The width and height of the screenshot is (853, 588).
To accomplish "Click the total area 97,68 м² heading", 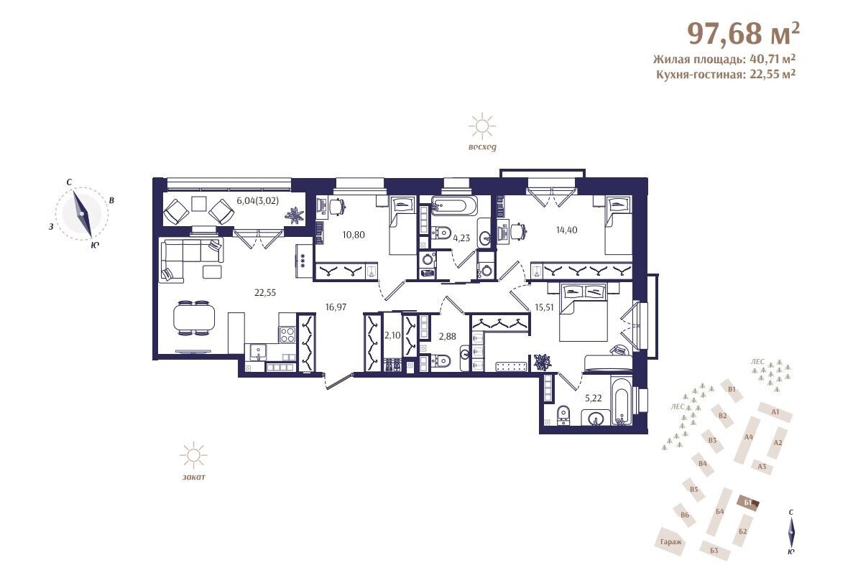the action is click(x=744, y=34).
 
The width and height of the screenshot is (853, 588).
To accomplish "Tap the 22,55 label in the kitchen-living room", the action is click(x=265, y=292).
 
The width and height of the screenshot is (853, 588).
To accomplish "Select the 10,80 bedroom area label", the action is click(x=354, y=235).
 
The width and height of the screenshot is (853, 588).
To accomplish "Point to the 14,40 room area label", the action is click(x=566, y=230).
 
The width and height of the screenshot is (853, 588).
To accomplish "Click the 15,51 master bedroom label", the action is click(x=544, y=307).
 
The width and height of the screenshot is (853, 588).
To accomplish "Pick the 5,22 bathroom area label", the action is click(x=593, y=398).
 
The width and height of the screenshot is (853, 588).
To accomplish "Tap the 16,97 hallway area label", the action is click(x=336, y=307).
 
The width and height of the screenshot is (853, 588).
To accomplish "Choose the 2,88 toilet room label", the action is click(x=447, y=337).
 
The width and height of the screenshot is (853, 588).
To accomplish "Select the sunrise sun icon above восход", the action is click(x=482, y=126).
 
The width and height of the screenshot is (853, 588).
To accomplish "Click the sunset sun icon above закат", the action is click(x=193, y=455).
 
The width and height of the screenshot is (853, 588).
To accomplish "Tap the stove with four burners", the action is click(x=287, y=335).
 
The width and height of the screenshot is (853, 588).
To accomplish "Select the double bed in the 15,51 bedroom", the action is click(x=583, y=312).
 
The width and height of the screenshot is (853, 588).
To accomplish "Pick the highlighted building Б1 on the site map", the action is click(x=749, y=503).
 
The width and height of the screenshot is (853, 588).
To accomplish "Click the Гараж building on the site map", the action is click(x=671, y=541).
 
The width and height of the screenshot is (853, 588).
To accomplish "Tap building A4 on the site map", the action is click(x=748, y=438).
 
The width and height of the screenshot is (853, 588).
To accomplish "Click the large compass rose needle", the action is click(x=82, y=213).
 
